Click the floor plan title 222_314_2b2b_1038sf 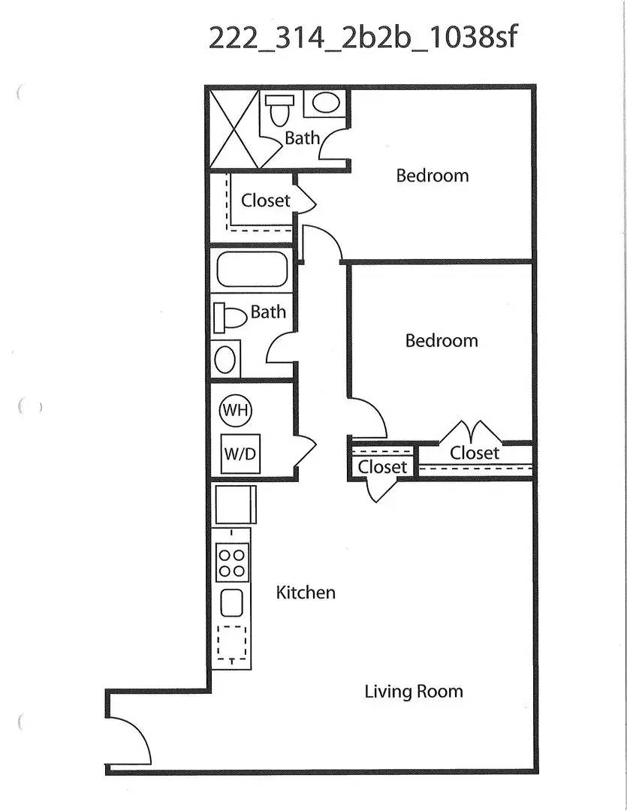click(362, 38)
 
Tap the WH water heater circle click(236, 411)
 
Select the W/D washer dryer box click(240, 454)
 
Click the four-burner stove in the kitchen click(232, 562)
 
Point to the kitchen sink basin click(232, 602)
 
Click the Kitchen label click(305, 592)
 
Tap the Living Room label click(413, 692)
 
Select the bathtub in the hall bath click(252, 269)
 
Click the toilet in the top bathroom click(280, 110)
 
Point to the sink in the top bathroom click(326, 103)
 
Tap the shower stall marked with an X click(233, 129)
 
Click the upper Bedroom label click(433, 175)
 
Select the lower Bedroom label click(442, 340)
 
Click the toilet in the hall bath click(230, 318)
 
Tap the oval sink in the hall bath click(225, 359)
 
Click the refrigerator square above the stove click(235, 505)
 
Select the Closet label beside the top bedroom click(265, 200)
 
